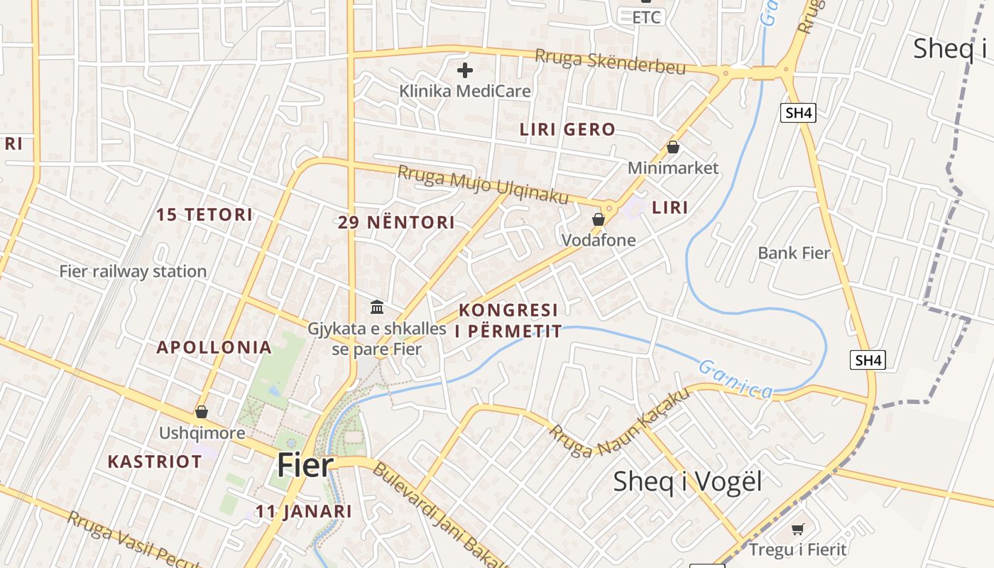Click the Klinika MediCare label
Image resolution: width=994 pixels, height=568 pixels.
pos(465,91)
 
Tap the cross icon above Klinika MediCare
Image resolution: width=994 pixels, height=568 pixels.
pos(465,70)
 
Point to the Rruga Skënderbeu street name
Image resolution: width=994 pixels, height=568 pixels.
pos(610,61)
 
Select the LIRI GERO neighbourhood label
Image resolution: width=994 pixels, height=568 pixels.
pos(567,129)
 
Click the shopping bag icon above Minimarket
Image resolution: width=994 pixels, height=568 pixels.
pos(672,147)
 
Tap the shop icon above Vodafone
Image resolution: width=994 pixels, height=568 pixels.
pos(599,219)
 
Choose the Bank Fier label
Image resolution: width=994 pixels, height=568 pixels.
pos(794,253)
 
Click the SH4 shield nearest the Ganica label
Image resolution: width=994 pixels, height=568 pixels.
pos(868,360)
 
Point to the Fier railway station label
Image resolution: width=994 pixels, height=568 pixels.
pos(133,271)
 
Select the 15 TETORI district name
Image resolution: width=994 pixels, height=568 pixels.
pos(204,214)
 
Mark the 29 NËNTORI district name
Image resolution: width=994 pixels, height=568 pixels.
pos(396,222)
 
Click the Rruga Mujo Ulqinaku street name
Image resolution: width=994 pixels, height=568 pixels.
pos(483,184)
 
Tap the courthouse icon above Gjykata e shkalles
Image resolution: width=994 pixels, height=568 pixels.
pos(377,307)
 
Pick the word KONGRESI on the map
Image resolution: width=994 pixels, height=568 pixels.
pos(508,310)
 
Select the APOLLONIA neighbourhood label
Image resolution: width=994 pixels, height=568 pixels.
pos(214,347)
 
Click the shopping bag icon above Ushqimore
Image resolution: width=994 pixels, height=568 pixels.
pos(202,412)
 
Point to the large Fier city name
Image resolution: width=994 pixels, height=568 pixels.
pos(305,465)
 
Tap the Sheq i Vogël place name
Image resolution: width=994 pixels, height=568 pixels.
pos(687,481)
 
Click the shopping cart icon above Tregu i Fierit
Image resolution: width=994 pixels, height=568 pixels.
pos(797,529)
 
